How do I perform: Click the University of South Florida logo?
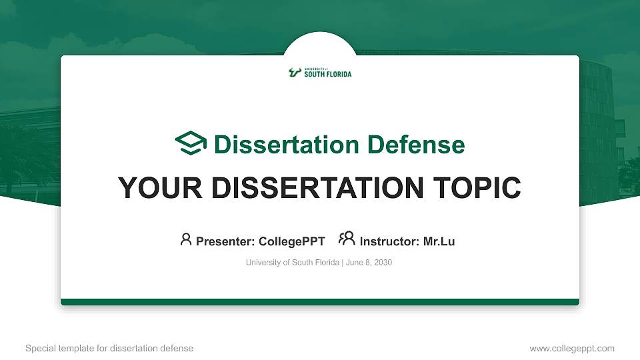(x=320, y=73)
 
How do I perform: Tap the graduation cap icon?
(x=191, y=144)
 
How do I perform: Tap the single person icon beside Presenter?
(x=186, y=239)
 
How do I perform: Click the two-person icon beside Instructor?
(x=347, y=239)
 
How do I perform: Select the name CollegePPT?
(x=291, y=241)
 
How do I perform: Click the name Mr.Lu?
(x=439, y=241)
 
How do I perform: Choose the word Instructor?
(x=389, y=241)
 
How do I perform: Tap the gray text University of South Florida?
(x=293, y=263)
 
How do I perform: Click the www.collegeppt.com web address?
(x=571, y=348)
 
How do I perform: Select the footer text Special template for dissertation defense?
(x=109, y=348)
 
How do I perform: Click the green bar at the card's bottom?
(x=320, y=302)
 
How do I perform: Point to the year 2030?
(x=383, y=263)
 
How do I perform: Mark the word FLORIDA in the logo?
(x=339, y=75)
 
